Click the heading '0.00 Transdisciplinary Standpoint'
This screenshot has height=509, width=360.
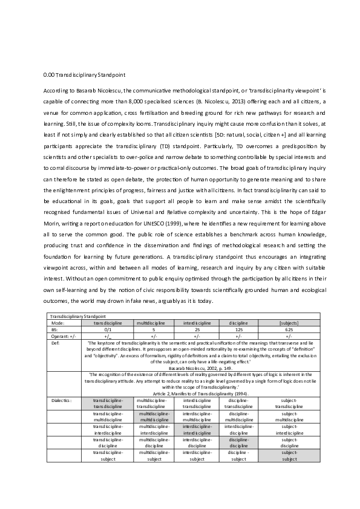84,76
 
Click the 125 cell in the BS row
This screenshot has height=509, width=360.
238,330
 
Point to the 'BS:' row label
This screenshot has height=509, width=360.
54,330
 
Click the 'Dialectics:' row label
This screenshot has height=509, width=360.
61,400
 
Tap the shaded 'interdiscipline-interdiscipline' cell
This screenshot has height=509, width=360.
196,429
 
